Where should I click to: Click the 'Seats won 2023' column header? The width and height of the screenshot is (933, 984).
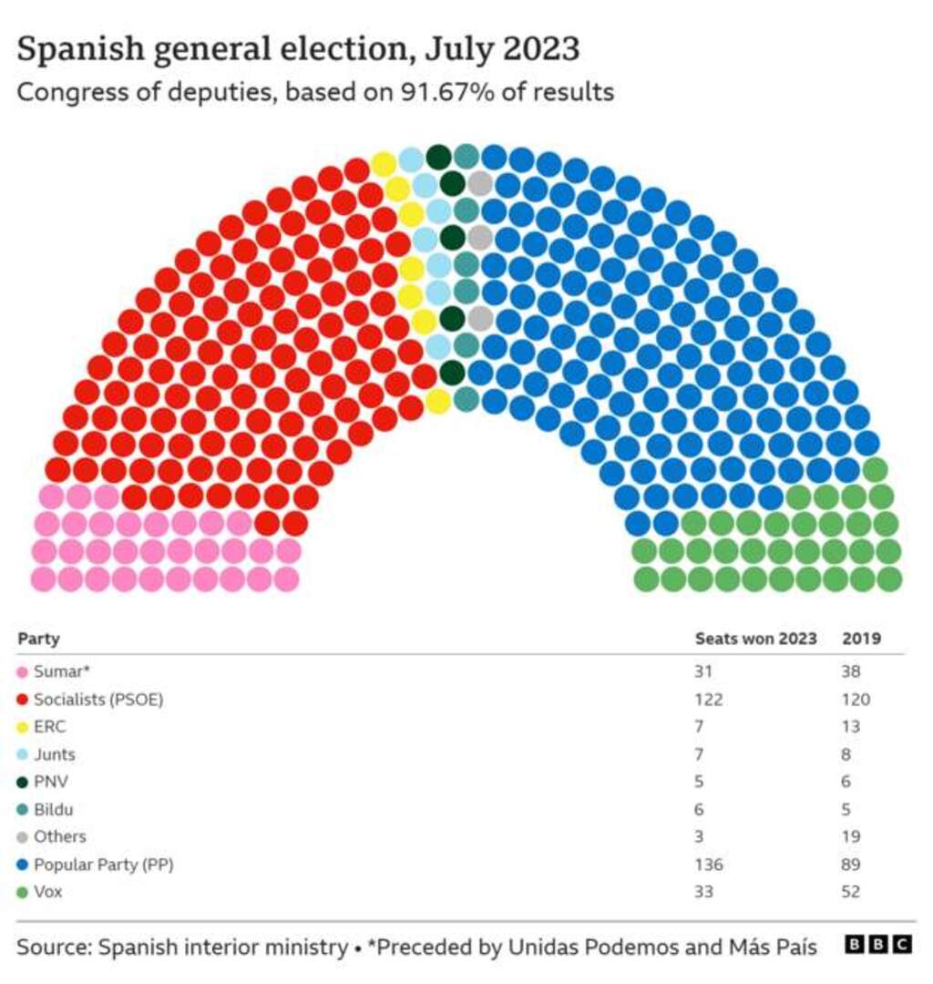click(x=755, y=639)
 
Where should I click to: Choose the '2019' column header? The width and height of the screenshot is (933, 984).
click(x=861, y=639)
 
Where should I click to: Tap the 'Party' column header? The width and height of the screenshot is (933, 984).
click(x=38, y=639)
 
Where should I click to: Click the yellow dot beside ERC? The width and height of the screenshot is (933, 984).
click(x=23, y=728)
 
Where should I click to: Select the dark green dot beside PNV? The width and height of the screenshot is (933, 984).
click(x=23, y=783)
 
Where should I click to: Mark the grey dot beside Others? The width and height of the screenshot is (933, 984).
click(x=23, y=837)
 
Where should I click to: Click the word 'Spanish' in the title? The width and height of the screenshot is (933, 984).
click(x=75, y=49)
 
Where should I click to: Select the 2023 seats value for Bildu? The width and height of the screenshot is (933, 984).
click(x=700, y=810)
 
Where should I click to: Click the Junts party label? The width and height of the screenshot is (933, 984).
click(x=54, y=755)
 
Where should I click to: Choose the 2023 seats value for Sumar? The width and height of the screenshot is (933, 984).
click(x=702, y=673)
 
